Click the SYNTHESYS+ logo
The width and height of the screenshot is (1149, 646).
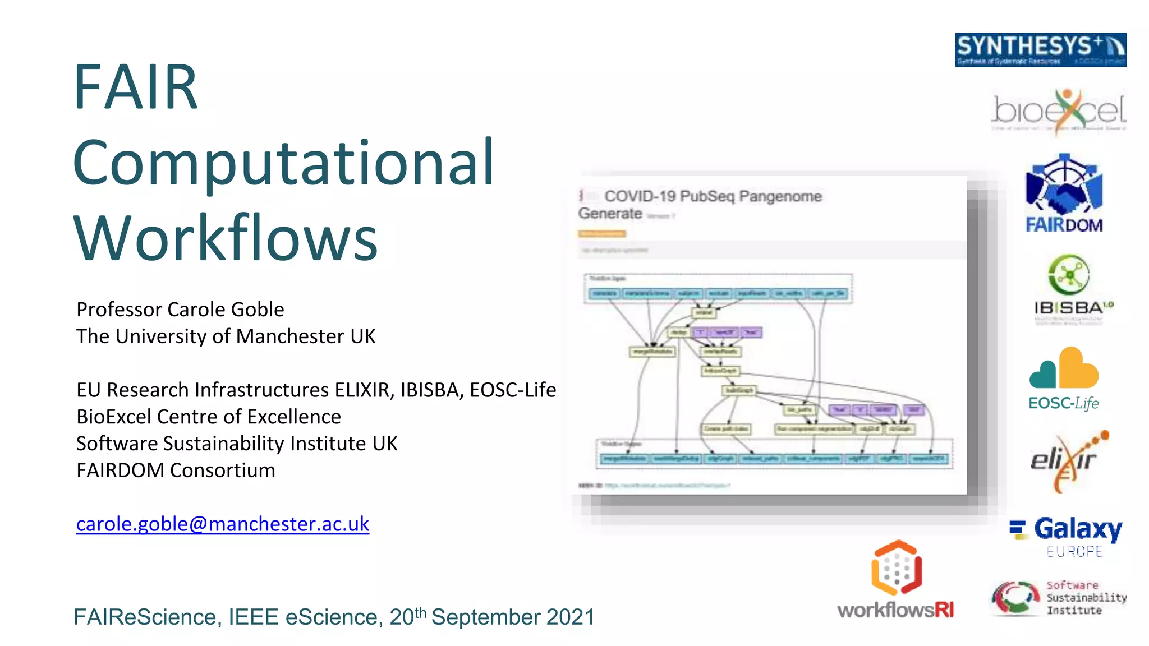pos(1040,49)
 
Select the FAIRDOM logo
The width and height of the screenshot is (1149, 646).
pos(1064,193)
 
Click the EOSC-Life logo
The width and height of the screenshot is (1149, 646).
pos(1064,379)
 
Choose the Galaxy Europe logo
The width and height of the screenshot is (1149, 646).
pos(1066,536)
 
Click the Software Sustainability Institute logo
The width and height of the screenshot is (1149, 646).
pos(1058,598)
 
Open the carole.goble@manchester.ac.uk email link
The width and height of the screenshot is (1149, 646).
pos(223,524)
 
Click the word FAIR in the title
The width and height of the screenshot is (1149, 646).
pos(136,87)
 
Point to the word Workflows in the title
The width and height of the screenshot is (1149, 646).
pos(226,238)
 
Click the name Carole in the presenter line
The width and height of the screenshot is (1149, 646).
pos(194,310)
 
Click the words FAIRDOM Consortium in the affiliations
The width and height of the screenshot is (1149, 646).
pos(176,470)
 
